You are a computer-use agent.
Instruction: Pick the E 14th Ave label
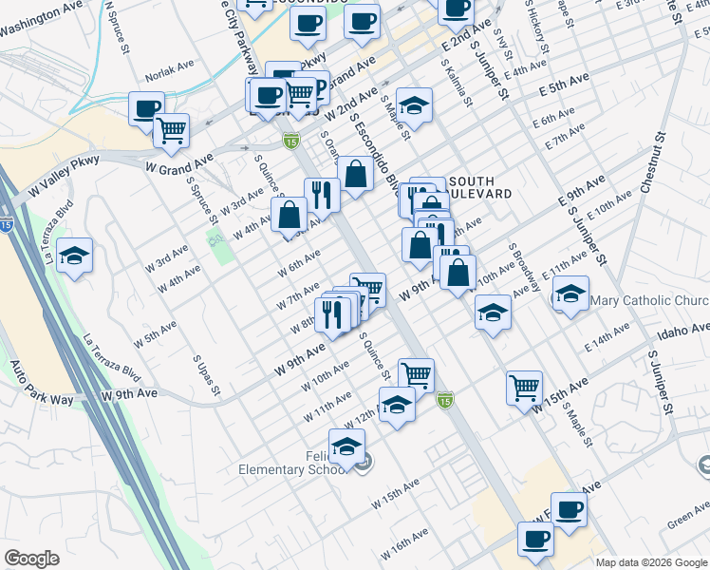coord(607,338)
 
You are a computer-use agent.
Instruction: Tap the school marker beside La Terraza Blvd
coord(74,256)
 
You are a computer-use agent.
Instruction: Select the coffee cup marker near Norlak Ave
coord(146,108)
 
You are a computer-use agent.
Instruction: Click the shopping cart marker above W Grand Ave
coord(171,130)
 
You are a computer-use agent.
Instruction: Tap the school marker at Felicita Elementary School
coord(347,446)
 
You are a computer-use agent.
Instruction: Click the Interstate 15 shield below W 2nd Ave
coord(290,142)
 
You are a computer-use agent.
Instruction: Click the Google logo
coord(32,559)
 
